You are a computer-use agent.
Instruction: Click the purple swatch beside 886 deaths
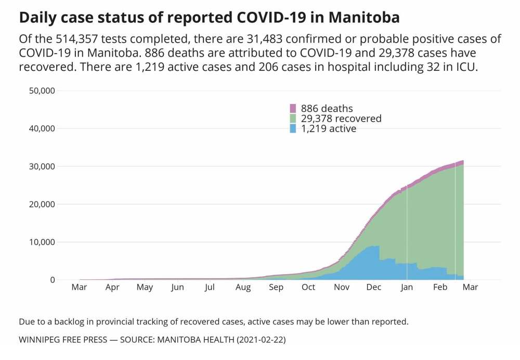click(293, 109)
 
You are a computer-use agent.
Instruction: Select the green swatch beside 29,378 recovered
click(293, 119)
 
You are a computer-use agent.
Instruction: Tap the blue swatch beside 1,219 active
click(293, 128)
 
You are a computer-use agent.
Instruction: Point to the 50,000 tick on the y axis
click(42, 91)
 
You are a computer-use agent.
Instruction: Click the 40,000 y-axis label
click(42, 128)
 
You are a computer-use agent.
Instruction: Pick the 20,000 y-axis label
click(42, 204)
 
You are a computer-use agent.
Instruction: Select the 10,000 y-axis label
click(42, 242)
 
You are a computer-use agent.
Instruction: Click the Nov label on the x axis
click(342, 287)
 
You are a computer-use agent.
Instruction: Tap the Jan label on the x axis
click(407, 287)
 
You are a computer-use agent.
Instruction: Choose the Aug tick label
click(243, 287)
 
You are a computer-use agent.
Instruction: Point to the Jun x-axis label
click(178, 287)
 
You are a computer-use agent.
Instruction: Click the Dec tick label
click(374, 287)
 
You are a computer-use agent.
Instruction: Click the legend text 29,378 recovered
click(341, 119)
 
